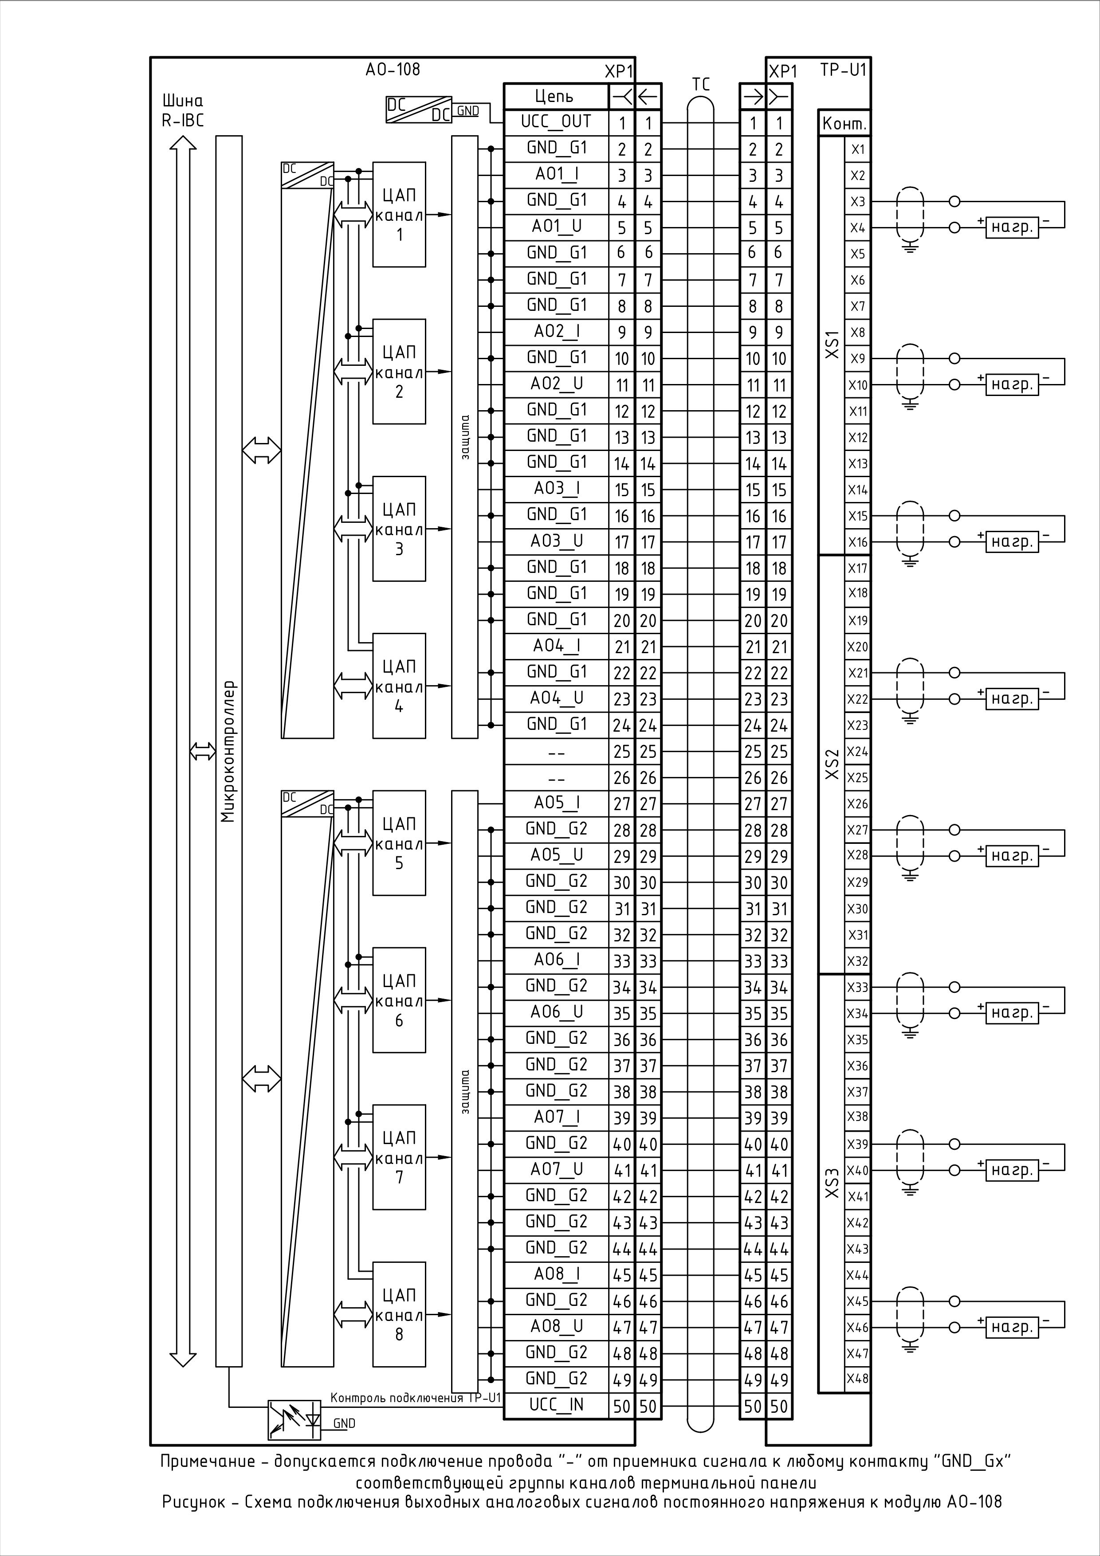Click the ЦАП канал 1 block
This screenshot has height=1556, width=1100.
tap(399, 214)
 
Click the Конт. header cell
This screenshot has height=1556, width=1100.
tap(844, 124)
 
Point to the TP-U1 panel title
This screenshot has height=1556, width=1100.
tap(843, 70)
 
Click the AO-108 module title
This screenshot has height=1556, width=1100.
tap(393, 69)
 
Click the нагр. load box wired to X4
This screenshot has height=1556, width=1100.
tap(1011, 228)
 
